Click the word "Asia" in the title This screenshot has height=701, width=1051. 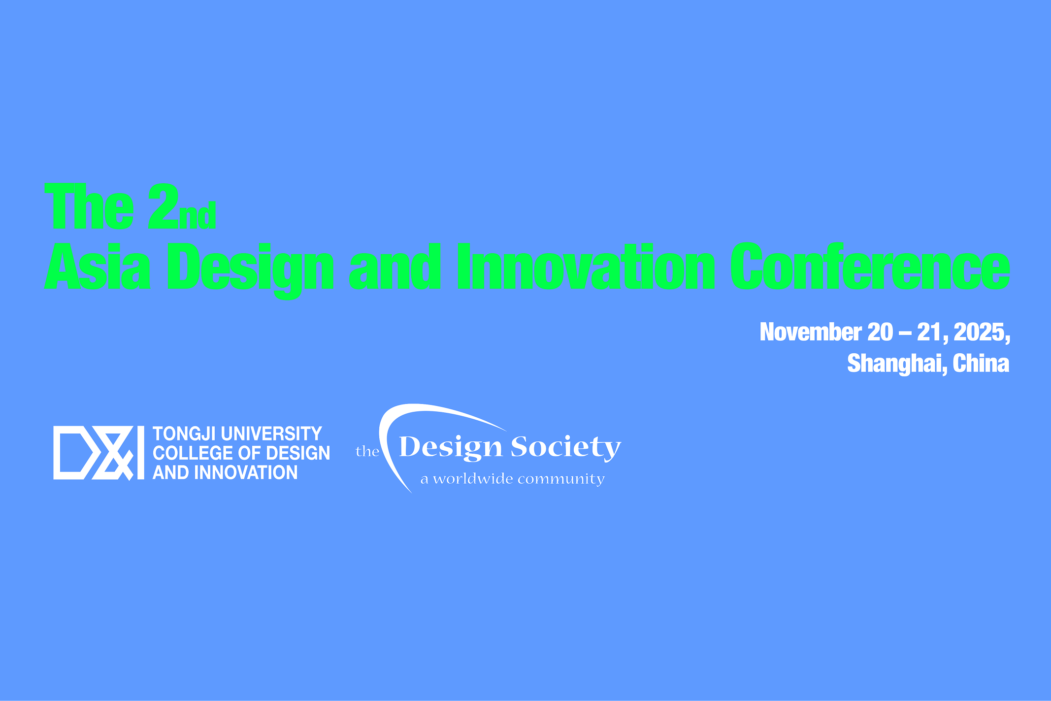point(98,266)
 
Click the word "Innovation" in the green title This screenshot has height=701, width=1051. point(586,266)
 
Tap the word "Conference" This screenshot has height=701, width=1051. point(870,266)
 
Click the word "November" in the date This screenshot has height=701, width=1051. point(811,332)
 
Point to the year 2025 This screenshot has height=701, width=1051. point(982,333)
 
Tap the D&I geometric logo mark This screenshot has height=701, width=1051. point(99,453)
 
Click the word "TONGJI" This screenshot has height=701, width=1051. point(185,434)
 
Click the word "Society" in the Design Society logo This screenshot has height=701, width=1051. point(566,448)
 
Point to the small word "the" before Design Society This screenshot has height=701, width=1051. point(367,451)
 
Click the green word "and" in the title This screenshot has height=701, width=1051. point(395,266)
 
